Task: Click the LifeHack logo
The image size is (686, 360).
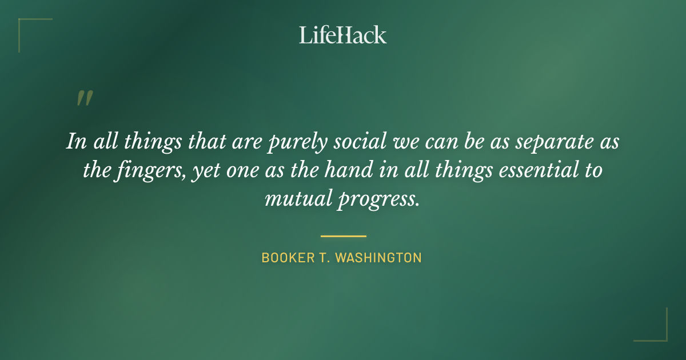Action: click(343, 35)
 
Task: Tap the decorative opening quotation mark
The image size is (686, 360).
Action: click(85, 98)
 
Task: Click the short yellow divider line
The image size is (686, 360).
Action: click(343, 235)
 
